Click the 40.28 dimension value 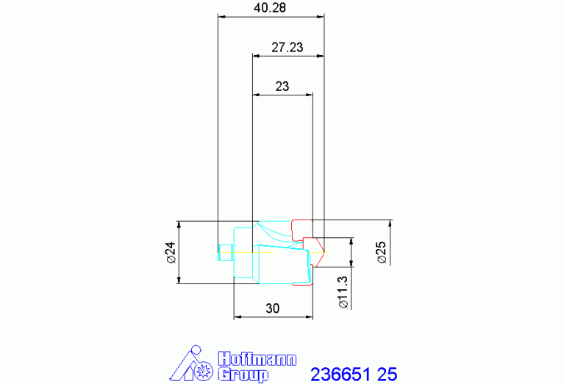(270, 7)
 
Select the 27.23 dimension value (287, 47)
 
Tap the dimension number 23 (282, 86)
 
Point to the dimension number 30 (272, 308)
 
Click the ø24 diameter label (171, 252)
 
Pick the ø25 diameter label (381, 252)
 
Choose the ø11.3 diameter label (343, 292)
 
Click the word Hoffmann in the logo (257, 359)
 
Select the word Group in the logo (243, 374)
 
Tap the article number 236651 (340, 374)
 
